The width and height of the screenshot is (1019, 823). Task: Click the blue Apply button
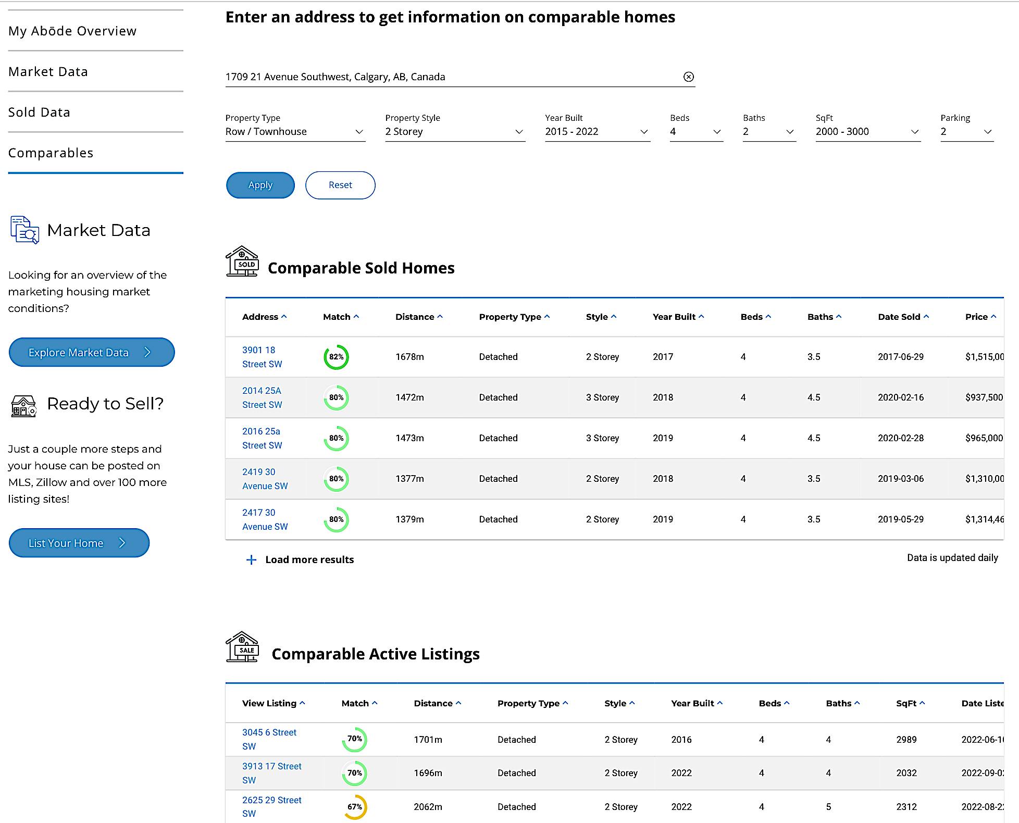click(260, 185)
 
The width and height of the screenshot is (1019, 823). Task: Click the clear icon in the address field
click(688, 77)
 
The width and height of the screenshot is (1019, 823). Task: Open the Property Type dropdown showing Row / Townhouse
click(294, 132)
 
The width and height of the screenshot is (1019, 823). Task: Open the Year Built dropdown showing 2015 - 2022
click(597, 132)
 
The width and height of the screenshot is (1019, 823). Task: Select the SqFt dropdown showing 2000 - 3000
click(867, 132)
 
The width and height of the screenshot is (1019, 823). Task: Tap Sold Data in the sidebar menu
click(39, 112)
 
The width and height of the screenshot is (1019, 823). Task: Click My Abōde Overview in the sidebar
click(72, 31)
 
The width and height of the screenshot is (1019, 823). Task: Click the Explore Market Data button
click(91, 353)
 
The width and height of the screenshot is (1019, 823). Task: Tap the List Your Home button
click(79, 543)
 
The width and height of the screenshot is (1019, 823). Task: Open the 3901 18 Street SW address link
click(262, 357)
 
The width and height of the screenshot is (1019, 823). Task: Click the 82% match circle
click(336, 357)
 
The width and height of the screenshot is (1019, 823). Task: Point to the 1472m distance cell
click(409, 397)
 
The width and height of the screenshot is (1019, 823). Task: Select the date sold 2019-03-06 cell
click(900, 479)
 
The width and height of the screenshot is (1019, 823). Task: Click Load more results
click(309, 559)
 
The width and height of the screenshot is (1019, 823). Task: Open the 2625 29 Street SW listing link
click(271, 806)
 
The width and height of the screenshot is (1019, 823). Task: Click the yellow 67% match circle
click(355, 806)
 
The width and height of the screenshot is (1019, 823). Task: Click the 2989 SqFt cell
click(906, 740)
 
